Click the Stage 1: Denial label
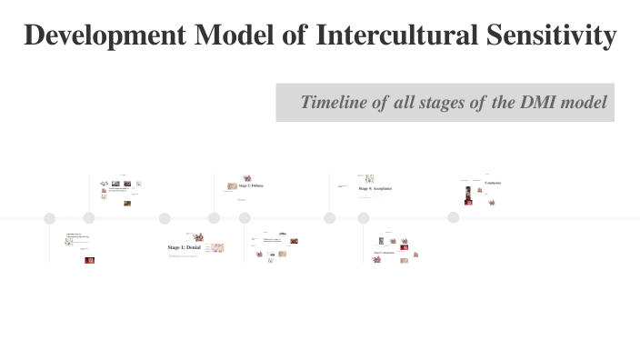184,247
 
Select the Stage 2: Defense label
251,185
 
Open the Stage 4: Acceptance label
375,188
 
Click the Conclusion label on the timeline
493,183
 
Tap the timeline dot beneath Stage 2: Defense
215,218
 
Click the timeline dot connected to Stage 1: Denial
165,218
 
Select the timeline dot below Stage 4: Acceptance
330,218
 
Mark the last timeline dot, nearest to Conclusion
453,217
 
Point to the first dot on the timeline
49,218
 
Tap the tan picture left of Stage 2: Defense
232,186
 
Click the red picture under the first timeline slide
89,260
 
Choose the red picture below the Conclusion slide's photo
468,201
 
